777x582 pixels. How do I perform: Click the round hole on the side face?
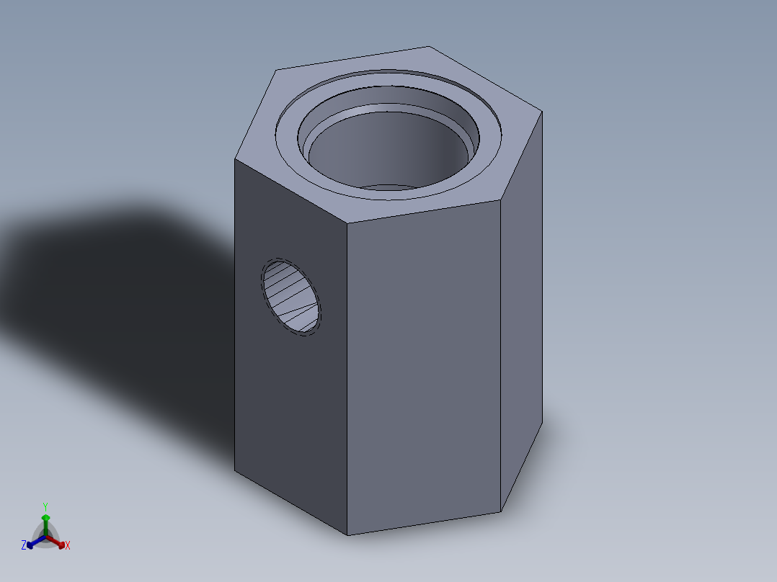(x=291, y=297)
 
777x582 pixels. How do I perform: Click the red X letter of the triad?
(x=67, y=545)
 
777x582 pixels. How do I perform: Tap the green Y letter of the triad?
(x=45, y=507)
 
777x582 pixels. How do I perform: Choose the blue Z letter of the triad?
(x=24, y=545)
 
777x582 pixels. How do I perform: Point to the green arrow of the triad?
(x=45, y=522)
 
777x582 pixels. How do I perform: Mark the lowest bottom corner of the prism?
(x=348, y=535)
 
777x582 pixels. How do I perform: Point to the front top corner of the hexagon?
(x=348, y=222)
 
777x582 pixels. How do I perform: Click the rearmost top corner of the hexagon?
(x=429, y=47)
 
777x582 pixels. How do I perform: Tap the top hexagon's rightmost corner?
(x=542, y=111)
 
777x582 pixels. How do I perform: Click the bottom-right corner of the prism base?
(x=501, y=512)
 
